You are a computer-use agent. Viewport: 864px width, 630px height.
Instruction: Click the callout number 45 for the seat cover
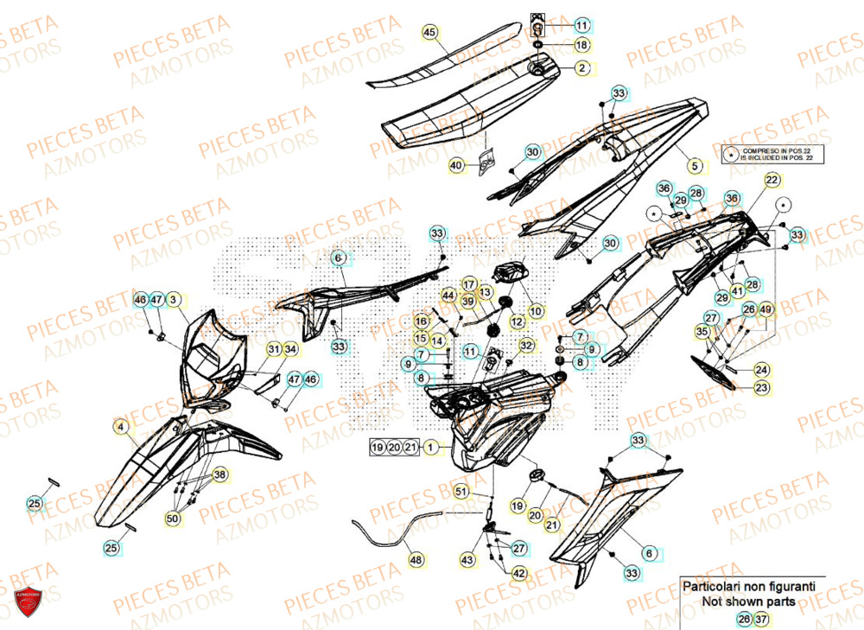(430, 32)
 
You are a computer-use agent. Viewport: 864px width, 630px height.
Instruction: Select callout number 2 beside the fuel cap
(581, 67)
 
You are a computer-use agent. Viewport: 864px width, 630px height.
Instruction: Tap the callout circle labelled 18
(581, 44)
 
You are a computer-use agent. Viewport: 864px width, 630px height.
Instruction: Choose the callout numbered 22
(772, 180)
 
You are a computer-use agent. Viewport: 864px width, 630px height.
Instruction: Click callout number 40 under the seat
(456, 164)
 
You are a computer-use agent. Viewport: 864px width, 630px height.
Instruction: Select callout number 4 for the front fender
(121, 426)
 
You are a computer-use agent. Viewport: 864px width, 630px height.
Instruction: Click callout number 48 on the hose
(416, 561)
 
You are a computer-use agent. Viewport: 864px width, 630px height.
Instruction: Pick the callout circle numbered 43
(467, 560)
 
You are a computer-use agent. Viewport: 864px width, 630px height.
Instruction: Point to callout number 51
(461, 493)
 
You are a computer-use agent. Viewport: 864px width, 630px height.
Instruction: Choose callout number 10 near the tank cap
(536, 310)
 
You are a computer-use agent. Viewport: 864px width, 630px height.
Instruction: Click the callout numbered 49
(767, 309)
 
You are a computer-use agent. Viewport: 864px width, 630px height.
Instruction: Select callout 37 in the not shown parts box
(761, 619)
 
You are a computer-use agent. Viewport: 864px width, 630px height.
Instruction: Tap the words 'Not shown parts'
(748, 601)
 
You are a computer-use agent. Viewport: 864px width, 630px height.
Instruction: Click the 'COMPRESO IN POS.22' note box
(774, 154)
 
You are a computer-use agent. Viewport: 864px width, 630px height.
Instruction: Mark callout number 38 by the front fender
(220, 474)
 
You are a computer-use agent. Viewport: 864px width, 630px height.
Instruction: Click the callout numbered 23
(761, 388)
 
